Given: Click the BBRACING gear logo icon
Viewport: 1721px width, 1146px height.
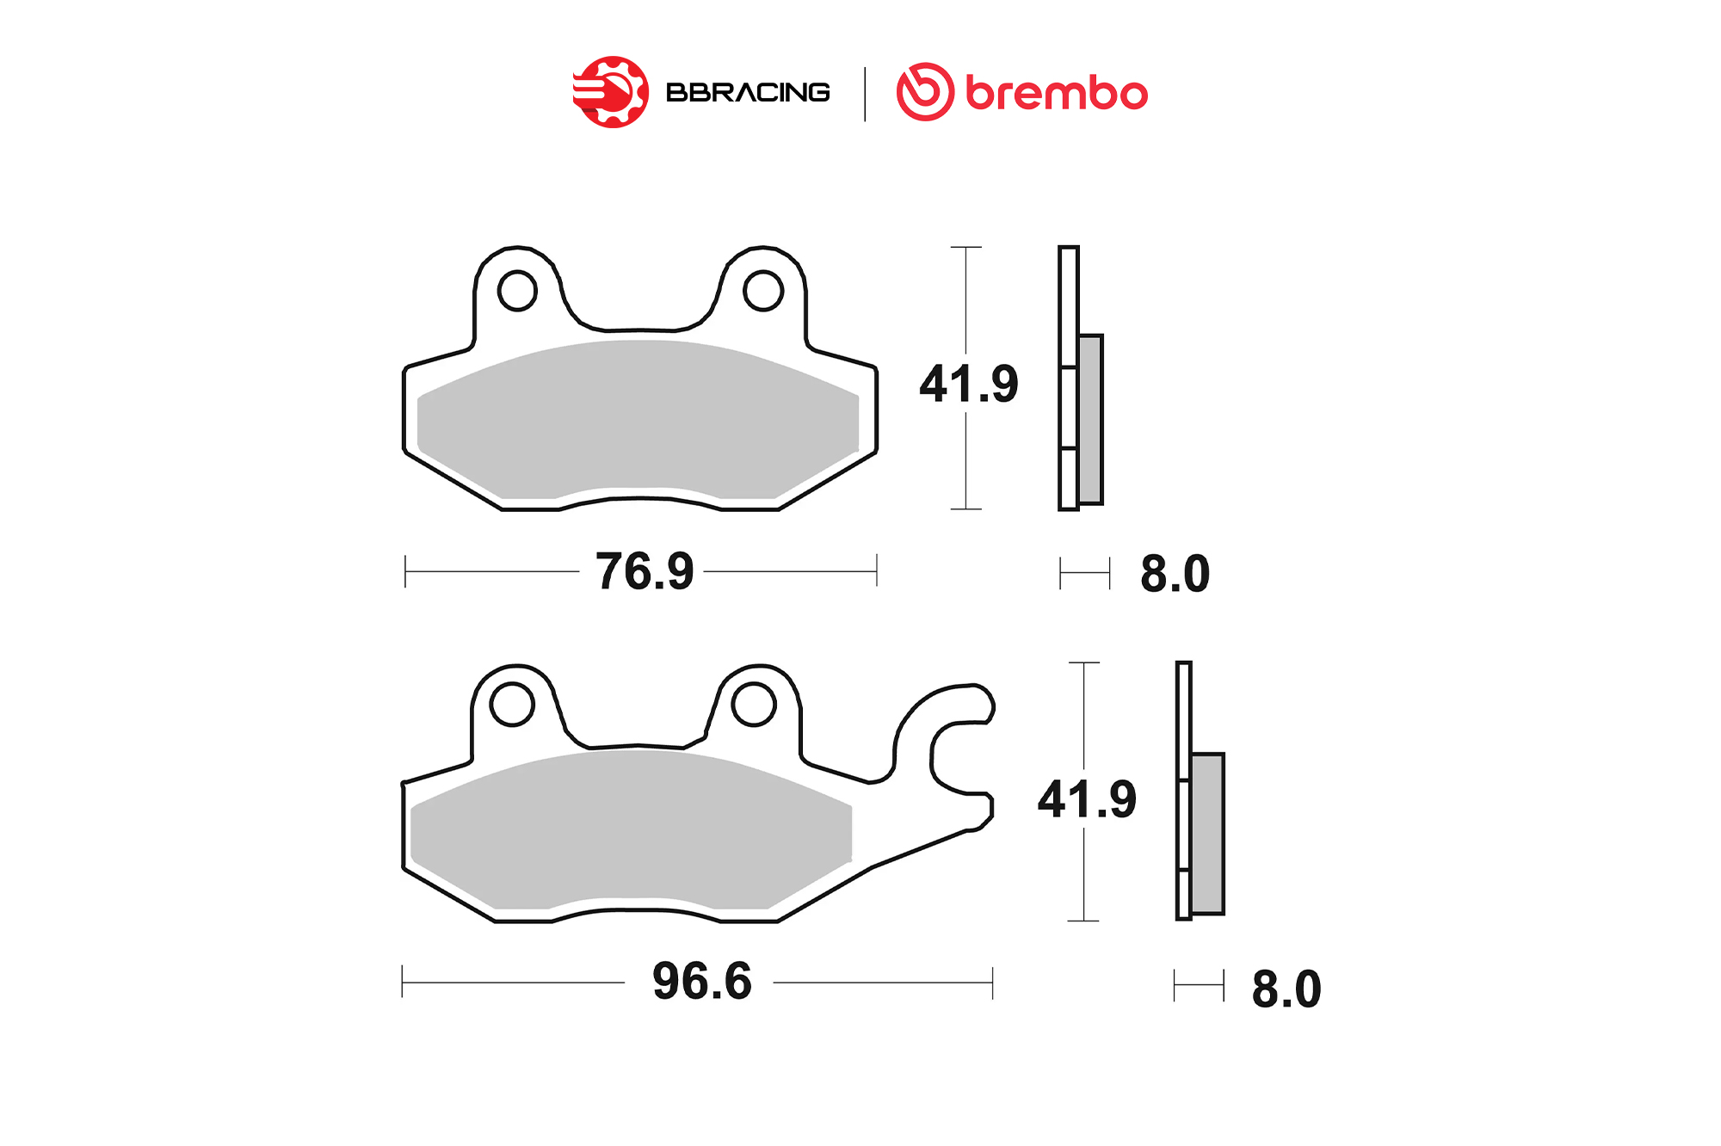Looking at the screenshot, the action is point(611,92).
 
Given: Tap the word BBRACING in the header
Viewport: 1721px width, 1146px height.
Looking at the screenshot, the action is point(748,92).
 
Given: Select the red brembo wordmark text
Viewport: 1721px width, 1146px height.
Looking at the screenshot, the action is point(1057,92).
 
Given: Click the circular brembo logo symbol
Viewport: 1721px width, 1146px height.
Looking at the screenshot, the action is point(925,92).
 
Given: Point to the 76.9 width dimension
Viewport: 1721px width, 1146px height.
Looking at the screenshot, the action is point(645,571).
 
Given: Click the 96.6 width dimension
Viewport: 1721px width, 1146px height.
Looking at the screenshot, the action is point(702,981).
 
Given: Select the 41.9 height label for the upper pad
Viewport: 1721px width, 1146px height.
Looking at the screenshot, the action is point(969,384).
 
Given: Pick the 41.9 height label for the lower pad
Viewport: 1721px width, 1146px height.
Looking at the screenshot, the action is point(1087,799).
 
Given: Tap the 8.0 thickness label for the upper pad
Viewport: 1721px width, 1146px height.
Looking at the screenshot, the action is point(1175,574).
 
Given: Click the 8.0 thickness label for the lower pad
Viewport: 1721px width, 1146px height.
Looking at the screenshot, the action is point(1286,989).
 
